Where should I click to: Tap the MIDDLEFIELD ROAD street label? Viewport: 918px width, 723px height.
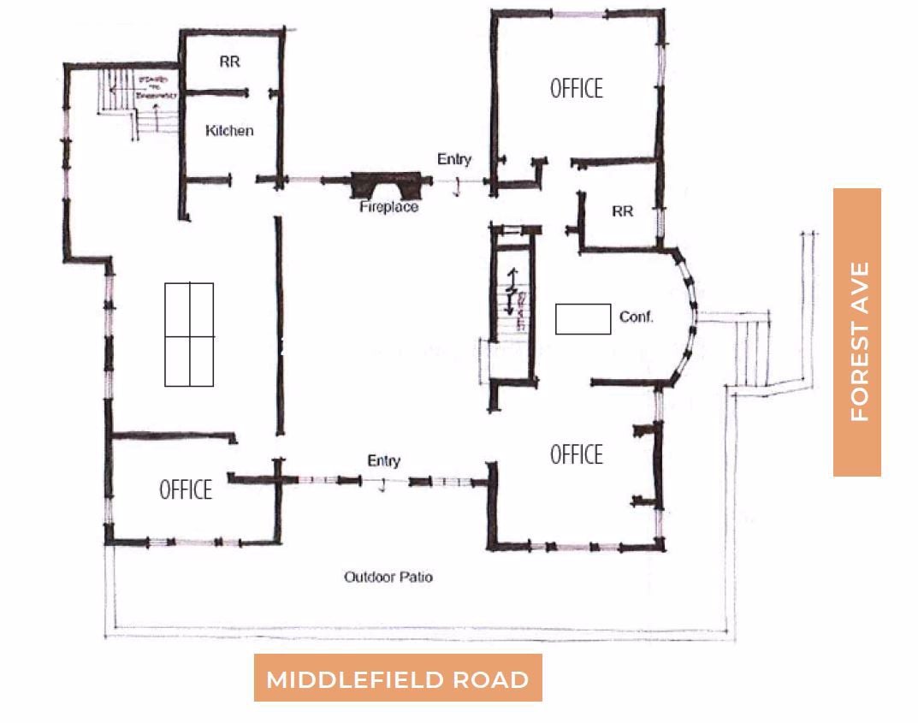pos(398,679)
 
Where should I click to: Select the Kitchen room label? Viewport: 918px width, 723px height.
pos(229,131)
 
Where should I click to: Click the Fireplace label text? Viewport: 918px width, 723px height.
pos(388,207)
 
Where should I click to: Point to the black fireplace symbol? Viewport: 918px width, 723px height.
pos(388,184)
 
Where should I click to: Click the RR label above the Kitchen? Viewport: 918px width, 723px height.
pos(229,62)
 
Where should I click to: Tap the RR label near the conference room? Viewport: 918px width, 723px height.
pos(623,210)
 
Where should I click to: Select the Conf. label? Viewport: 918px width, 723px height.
pos(636,317)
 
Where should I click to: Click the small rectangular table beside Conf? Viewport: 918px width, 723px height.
pos(583,318)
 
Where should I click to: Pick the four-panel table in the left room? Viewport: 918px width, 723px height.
pos(189,335)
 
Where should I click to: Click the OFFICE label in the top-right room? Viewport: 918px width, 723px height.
pos(576,88)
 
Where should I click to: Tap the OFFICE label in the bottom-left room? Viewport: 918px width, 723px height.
pos(186,490)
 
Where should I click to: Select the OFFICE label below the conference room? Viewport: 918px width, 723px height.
pos(576,454)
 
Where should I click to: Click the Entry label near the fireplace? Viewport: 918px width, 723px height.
pos(453,159)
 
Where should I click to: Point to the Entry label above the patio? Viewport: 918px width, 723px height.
pos(383,461)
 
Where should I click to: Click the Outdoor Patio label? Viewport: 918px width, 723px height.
pos(388,577)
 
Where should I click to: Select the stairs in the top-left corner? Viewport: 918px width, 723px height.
pos(137,101)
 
